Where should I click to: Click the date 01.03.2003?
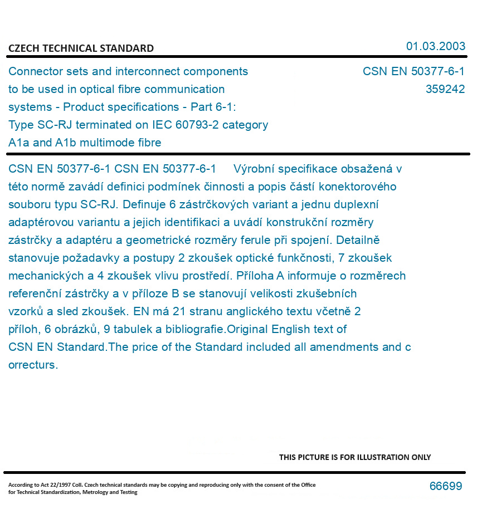(435, 46)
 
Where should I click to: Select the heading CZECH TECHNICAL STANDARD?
(81, 48)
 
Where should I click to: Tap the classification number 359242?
(445, 89)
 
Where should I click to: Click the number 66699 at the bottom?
(445, 486)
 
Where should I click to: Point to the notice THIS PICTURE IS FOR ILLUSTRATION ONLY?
(355, 457)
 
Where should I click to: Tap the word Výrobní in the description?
(254, 169)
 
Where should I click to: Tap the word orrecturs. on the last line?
(33, 365)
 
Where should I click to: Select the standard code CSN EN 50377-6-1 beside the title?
(413, 71)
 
